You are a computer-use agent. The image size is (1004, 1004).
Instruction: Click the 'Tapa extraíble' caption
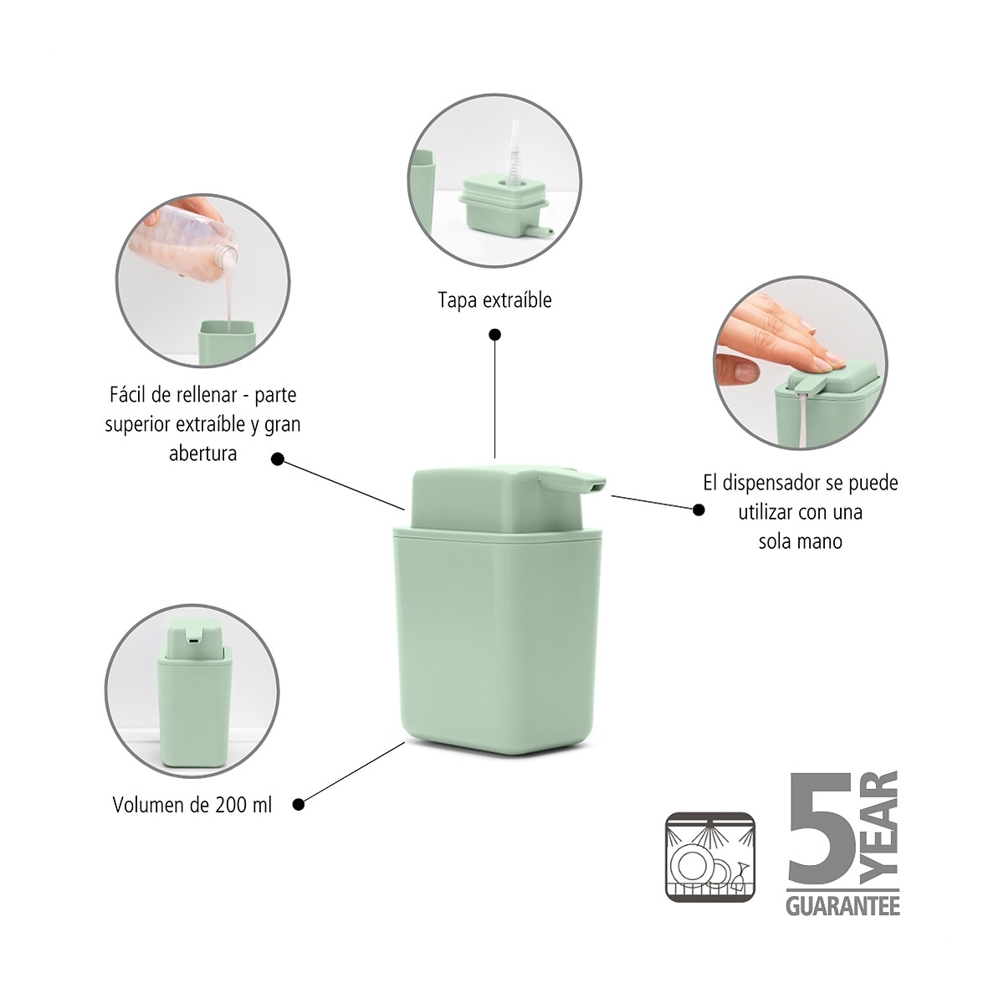coord(494,300)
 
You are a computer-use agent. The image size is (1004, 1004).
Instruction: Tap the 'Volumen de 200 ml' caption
coord(192,805)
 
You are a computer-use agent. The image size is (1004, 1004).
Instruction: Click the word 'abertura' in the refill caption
coord(202,454)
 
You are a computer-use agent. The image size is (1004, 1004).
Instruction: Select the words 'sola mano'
coord(800,541)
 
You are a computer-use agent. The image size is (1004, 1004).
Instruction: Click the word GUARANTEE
coord(842,906)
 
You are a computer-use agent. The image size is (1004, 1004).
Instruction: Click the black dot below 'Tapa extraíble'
coord(494,335)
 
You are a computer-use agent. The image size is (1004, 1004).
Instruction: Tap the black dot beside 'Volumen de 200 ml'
coord(298,805)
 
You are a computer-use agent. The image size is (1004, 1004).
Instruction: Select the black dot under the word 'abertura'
coord(278,458)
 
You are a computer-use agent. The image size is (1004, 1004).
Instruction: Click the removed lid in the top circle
coord(500,205)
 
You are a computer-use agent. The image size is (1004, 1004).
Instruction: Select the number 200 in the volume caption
coord(230,805)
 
